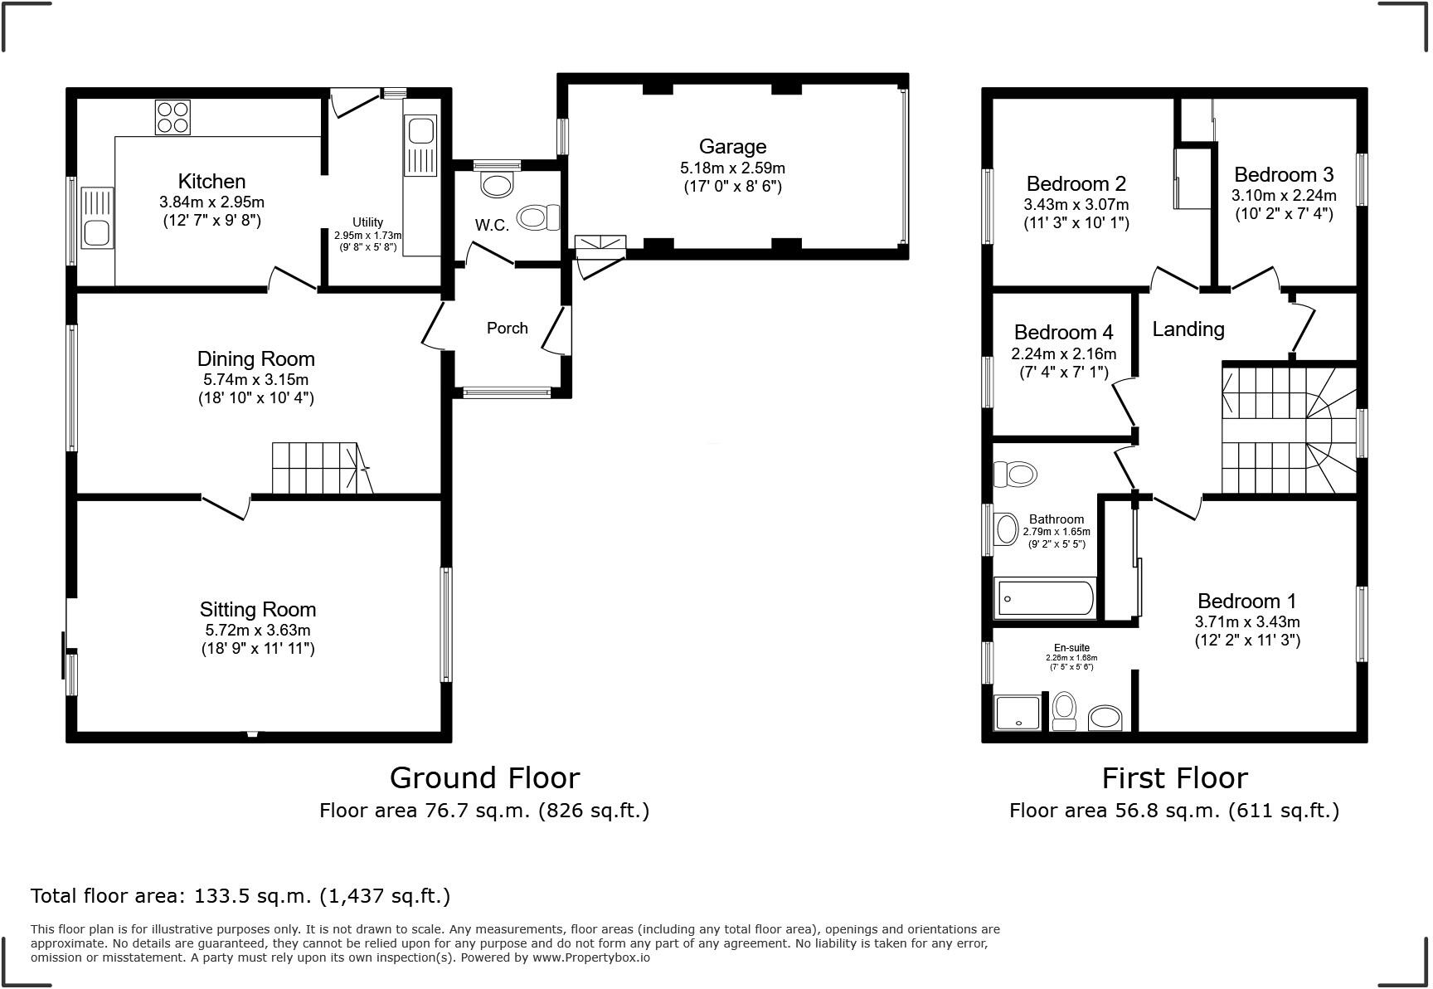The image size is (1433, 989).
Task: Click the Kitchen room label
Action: pos(211,182)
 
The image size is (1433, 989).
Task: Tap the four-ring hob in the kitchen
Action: pos(172,117)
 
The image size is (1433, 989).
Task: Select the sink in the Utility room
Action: pos(420,146)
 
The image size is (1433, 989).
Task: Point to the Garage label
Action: pos(732,147)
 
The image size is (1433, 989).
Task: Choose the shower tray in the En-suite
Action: pos(1017,712)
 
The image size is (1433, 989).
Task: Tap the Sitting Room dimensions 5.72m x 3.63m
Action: pos(258,630)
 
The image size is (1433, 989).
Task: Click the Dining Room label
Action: pos(256,358)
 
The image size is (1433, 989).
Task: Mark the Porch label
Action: pos(508,328)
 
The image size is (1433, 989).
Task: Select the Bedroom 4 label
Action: pos(1063,333)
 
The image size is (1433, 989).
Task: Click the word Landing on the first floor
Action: pos(1188,329)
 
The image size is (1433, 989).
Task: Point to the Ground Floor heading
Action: pos(484,778)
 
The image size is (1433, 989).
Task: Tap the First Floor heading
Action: pos(1174,778)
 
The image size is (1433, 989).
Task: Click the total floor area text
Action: pos(240,896)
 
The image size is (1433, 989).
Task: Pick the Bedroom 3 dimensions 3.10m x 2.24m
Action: pos(1284,196)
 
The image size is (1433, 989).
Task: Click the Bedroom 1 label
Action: pos(1246,601)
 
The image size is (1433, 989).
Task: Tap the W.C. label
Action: pos(492,225)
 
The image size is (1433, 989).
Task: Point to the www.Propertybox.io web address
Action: pos(590,957)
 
